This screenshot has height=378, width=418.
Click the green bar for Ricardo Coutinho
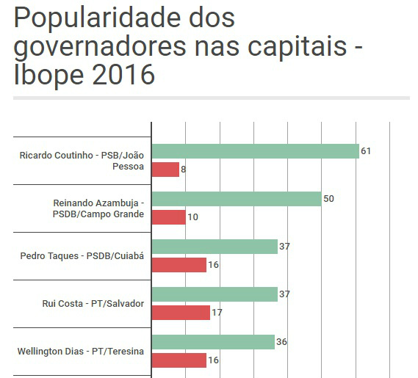coord(254,151)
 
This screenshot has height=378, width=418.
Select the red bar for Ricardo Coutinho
coord(165,170)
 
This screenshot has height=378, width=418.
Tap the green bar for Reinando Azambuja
coord(236,199)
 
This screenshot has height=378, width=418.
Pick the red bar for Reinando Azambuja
coord(168,217)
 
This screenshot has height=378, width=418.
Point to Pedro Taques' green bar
coord(214,247)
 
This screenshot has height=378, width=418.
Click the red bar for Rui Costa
coord(180,313)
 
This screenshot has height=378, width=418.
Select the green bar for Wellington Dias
coord(212,342)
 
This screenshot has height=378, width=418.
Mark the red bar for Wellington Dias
coord(179,360)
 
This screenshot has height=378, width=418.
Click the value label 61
coord(366,151)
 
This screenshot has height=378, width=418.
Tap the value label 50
coord(329,199)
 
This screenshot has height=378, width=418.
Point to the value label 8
coord(183,170)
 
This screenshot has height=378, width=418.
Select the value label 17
coord(216,313)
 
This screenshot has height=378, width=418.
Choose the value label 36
coord(282,342)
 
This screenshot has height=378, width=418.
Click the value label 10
coord(193,217)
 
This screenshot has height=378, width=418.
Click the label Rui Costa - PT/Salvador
coord(93,303)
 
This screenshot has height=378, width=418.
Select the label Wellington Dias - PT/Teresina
coord(81,351)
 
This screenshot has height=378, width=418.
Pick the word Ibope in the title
coord(43,75)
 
